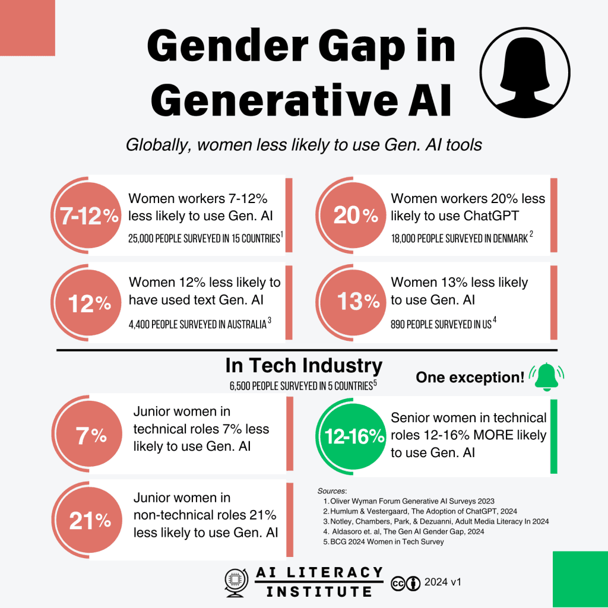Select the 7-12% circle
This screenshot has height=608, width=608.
(88, 217)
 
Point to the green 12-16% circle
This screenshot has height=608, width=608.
(354, 437)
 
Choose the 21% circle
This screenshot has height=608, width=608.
(90, 521)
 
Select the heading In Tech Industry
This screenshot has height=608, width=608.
(303, 366)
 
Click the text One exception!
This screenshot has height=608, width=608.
(470, 378)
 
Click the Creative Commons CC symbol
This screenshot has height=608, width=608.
(398, 584)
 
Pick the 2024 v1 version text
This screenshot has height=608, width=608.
(442, 582)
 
